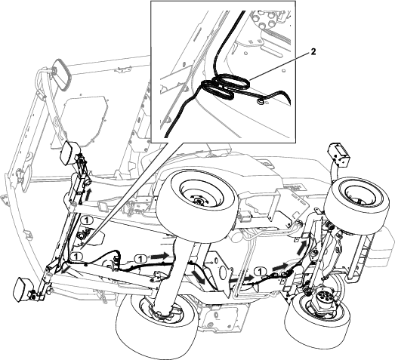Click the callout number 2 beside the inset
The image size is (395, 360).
pos(313,52)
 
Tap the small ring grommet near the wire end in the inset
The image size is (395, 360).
pos(259,101)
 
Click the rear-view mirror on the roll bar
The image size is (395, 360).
pos(62,74)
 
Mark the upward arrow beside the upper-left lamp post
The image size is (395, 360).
pos(88,195)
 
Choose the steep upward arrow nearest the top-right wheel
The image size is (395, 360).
pos(302,247)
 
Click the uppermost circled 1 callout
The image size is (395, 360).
pos(87,220)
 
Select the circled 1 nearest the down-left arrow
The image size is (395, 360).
pos(76,257)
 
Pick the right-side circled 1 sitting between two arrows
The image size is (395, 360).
pos(261,272)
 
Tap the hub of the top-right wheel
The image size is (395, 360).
pos(359,195)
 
